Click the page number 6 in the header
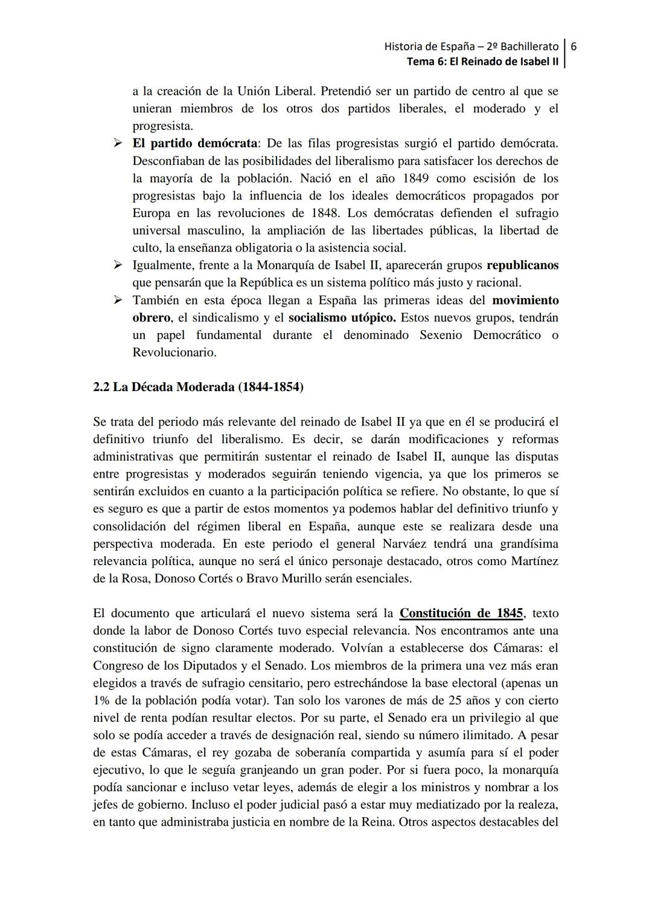(574, 46)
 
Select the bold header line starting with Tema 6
(482, 62)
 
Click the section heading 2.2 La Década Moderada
(199, 387)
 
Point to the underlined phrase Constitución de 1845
(461, 613)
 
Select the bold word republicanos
(522, 265)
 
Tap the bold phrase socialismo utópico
(342, 318)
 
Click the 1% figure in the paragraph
(101, 701)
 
